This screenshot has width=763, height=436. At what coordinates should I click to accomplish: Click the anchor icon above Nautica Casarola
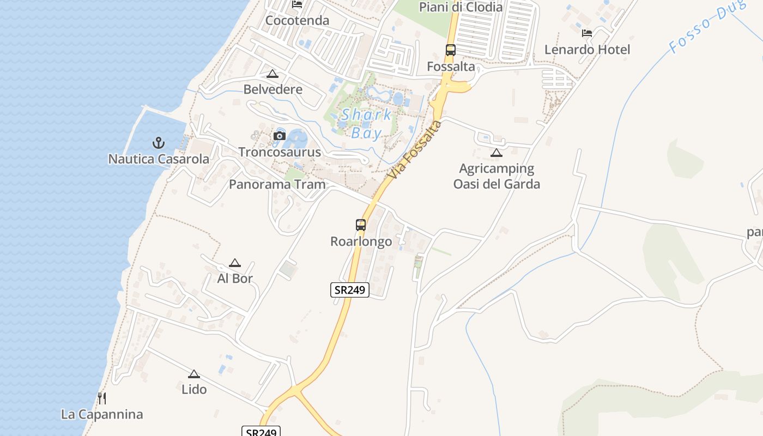click(158, 143)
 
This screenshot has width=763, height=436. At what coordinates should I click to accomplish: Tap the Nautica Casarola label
click(159, 159)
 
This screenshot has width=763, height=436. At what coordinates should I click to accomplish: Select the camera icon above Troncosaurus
click(280, 136)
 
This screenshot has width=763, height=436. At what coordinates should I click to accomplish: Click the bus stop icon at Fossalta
click(451, 50)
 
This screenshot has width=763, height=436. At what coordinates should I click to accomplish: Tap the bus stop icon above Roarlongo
click(361, 225)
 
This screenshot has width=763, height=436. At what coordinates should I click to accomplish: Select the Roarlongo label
click(361, 241)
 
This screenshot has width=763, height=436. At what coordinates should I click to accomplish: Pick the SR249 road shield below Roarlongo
click(350, 290)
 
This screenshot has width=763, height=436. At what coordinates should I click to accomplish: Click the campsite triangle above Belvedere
click(272, 74)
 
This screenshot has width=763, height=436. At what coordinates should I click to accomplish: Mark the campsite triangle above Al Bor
click(235, 263)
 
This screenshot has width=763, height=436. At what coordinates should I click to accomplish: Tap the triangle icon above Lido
click(194, 374)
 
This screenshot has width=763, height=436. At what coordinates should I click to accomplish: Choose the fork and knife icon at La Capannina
click(102, 398)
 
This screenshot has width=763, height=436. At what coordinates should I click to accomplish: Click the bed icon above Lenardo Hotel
click(587, 33)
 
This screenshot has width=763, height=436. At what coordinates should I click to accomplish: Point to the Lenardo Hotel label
click(587, 50)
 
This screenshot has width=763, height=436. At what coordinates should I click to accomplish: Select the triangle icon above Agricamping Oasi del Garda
click(496, 153)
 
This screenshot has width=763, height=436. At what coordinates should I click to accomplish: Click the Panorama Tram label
click(277, 184)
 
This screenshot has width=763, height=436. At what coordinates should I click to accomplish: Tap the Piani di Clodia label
click(461, 7)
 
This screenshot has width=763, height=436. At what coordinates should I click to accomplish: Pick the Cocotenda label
click(297, 21)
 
